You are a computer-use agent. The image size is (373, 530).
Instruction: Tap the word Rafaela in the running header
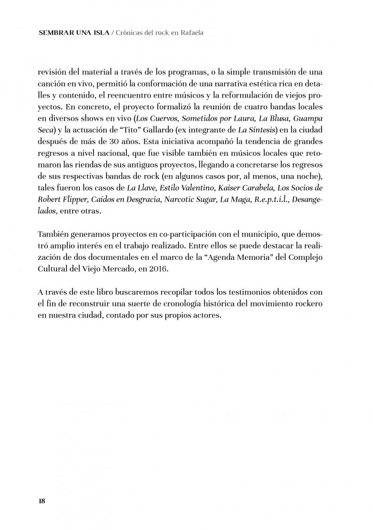191,33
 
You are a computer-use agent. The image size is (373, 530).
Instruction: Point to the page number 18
42,501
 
